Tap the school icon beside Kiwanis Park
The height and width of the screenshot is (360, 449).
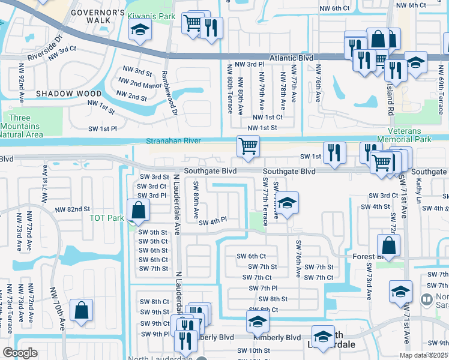tap(139, 31)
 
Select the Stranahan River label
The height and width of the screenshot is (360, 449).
tap(172, 142)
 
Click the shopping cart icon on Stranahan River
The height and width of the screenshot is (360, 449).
tap(248, 146)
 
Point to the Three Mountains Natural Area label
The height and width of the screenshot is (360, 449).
tap(21, 126)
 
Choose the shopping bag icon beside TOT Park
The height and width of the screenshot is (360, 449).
tap(139, 211)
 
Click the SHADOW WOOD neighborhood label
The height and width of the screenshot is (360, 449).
tap(68, 94)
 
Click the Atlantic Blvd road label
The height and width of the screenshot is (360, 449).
tap(292, 58)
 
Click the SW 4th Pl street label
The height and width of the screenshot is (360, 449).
tap(213, 221)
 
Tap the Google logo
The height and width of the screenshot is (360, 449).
tap(20, 353)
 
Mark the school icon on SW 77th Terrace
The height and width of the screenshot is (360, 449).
tap(288, 203)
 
